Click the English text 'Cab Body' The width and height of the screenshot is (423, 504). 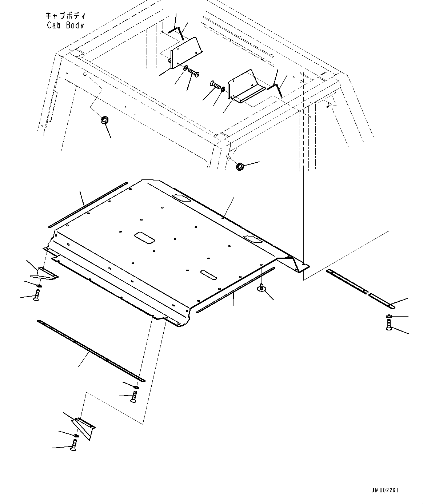[65, 25]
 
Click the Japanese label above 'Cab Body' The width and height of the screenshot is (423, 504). [65, 16]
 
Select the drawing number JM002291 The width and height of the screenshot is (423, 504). [385, 490]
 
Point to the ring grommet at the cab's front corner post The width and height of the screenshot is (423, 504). [240, 167]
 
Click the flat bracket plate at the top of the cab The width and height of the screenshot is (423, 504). [184, 52]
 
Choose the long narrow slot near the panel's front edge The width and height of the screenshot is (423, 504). [208, 275]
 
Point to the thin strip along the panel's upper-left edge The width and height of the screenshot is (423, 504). [88, 205]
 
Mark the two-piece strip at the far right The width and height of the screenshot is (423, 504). [359, 286]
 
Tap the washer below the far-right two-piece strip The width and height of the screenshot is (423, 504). [389, 316]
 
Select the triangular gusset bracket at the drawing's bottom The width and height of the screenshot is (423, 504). [84, 426]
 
